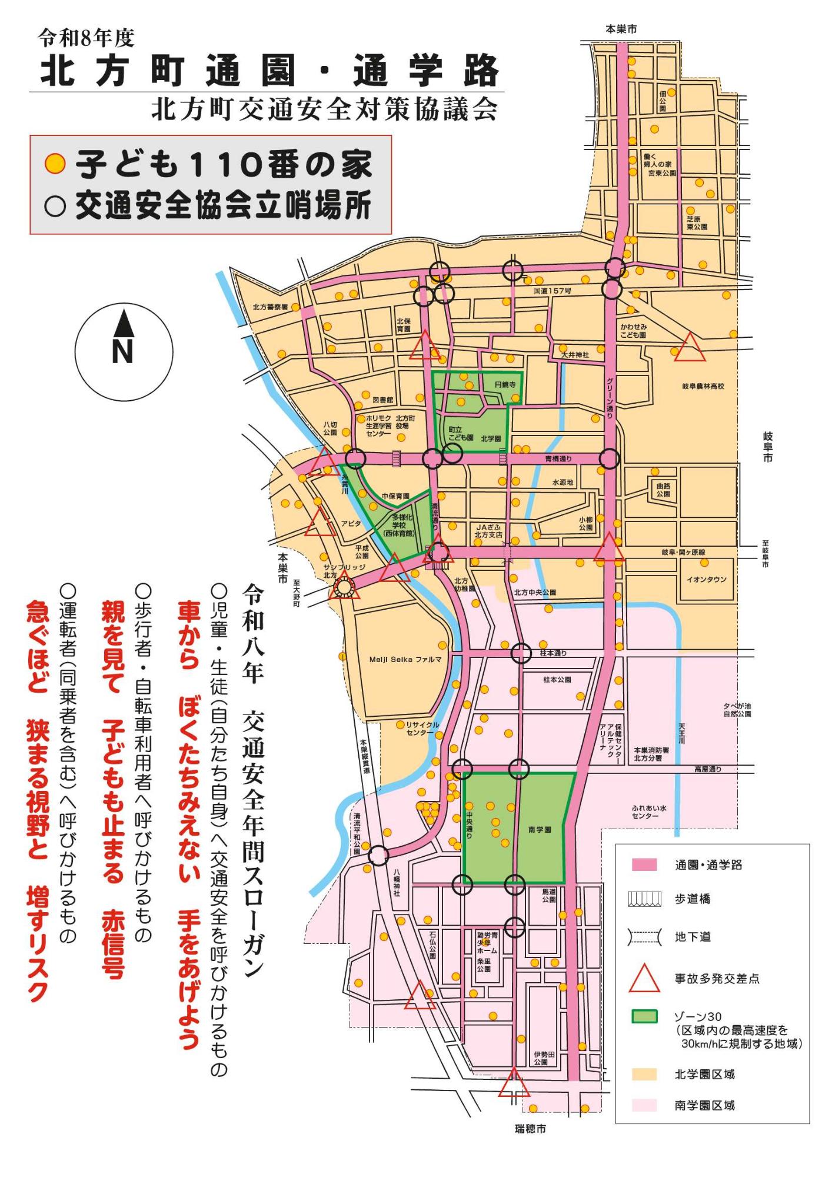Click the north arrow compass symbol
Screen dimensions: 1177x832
[123, 351]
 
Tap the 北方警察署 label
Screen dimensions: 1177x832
[270, 307]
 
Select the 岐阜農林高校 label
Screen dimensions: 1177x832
[703, 386]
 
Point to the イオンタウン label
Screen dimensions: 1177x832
[706, 580]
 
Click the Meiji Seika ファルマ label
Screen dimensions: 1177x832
[405, 660]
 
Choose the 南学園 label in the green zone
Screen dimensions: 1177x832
[540, 830]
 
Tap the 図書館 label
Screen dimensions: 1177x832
[383, 400]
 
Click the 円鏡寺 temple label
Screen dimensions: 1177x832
[505, 384]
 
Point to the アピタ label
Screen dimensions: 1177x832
[351, 523]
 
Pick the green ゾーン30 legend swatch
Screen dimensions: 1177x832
[644, 1016]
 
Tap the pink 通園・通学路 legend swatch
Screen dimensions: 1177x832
[644, 865]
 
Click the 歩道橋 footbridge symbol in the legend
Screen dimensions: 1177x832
[644, 899]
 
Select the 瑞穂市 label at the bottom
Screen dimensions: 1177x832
[530, 1129]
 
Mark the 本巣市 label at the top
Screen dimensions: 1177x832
[621, 29]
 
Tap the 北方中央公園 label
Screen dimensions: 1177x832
[534, 593]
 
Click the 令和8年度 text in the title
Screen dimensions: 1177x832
[86, 39]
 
